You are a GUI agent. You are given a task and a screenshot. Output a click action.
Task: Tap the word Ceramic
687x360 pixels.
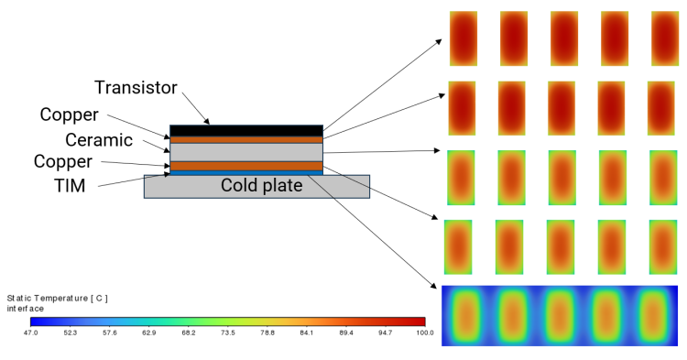[x=99, y=140]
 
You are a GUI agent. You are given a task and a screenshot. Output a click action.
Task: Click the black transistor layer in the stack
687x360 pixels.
[x=246, y=130]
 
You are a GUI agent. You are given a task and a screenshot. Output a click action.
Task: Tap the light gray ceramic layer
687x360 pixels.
[x=246, y=151]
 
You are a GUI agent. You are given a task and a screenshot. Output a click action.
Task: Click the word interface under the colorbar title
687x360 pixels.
[x=26, y=309]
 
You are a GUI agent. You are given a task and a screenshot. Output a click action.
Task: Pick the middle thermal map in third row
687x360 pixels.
[x=562, y=177]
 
